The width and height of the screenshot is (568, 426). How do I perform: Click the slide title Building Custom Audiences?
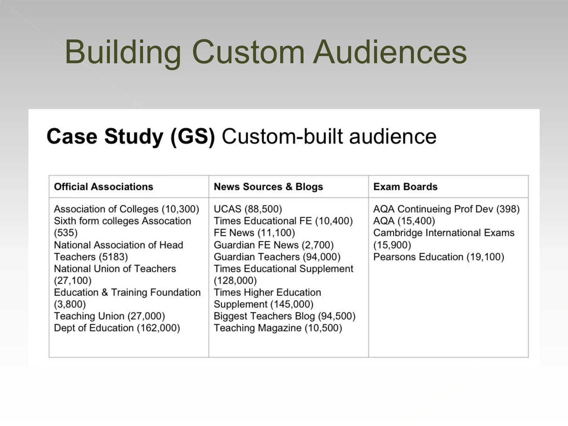tap(266, 52)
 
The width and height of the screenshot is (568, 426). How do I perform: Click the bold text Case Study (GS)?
tap(131, 136)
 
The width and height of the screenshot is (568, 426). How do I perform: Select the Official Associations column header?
tap(103, 187)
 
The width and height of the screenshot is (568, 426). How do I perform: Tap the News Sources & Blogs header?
tap(268, 187)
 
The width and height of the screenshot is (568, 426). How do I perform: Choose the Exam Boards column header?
tap(405, 187)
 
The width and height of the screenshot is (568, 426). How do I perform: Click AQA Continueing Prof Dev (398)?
tap(446, 209)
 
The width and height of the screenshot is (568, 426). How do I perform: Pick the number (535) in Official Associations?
tap(66, 233)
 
